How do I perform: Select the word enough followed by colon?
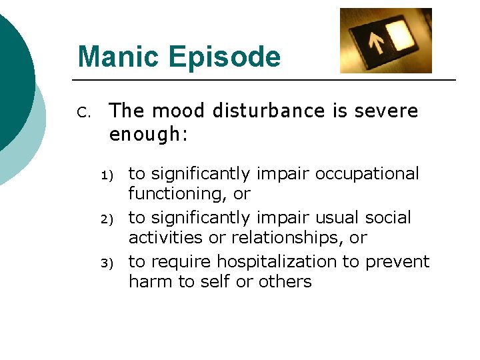pyautogui.click(x=149, y=135)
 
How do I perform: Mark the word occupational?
pyautogui.click(x=367, y=174)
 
